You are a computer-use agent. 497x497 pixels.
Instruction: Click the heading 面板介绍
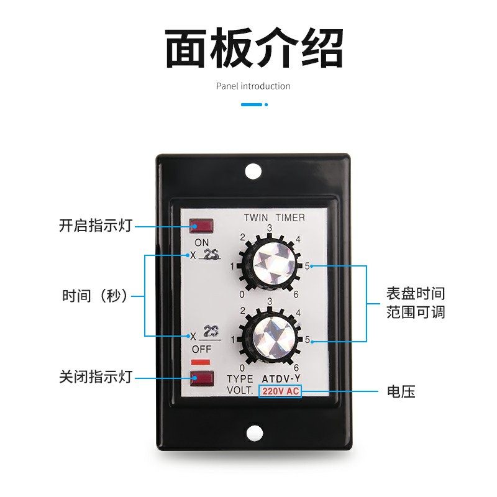click(254, 48)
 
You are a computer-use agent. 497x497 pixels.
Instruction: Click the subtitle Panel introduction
click(253, 86)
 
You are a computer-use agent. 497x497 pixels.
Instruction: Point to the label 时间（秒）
click(95, 296)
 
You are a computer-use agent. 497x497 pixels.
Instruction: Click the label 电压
click(401, 391)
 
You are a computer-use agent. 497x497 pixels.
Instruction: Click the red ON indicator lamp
click(202, 226)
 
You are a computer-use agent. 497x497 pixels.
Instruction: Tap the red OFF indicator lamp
click(202, 376)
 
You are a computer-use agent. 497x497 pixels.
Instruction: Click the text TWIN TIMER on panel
click(274, 217)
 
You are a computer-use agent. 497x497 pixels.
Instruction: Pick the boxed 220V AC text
click(280, 391)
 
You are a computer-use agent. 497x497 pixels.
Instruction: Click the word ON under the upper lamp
click(202, 242)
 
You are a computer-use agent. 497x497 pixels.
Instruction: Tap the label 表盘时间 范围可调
click(416, 303)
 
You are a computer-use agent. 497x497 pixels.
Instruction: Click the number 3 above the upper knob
click(270, 229)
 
